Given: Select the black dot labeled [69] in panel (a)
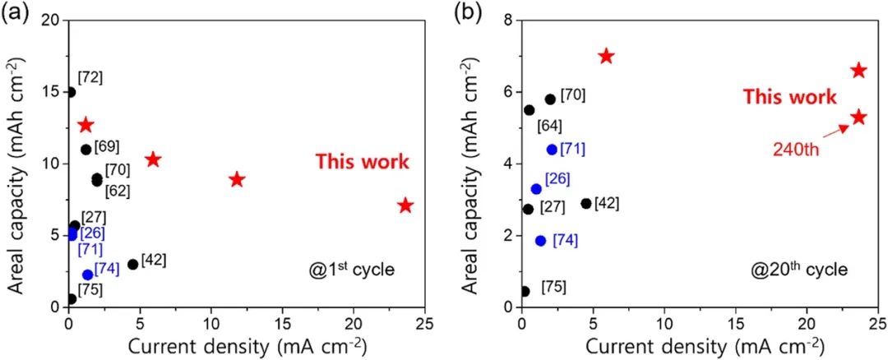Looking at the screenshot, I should point(86,150).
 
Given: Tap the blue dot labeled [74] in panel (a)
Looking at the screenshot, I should point(88,275).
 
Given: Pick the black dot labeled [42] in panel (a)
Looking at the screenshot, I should point(133,264).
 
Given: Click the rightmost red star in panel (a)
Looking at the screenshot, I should point(405,205).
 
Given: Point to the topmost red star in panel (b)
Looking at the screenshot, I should point(606,56).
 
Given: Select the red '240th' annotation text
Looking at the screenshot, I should point(795,149).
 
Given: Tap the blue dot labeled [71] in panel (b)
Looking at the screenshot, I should point(552,150).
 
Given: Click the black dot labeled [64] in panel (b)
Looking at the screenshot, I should point(529,110).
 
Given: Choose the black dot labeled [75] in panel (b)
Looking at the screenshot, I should point(525,291).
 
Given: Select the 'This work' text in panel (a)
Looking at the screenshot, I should point(362,162).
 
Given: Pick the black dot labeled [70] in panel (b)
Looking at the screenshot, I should point(550,99).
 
